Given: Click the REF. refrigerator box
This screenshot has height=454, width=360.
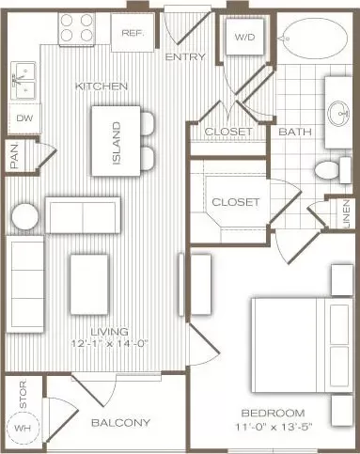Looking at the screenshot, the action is click(x=133, y=32).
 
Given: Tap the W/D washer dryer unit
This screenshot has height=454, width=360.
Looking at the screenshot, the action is click(x=244, y=37).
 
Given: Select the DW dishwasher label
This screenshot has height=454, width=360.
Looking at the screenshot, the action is click(x=24, y=118).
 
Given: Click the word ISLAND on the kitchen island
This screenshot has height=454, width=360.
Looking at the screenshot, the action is click(x=117, y=143).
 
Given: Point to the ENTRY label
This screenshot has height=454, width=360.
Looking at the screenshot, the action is click(x=185, y=57).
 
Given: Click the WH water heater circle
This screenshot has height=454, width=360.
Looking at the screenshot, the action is click(x=23, y=427).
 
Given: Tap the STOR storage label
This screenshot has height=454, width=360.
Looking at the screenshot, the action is click(x=23, y=394).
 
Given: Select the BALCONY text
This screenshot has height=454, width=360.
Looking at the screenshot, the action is click(x=120, y=423).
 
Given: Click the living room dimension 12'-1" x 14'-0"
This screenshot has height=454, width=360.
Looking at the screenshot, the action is click(x=109, y=343).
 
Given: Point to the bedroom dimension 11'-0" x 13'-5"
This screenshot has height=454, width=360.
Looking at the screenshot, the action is click(x=274, y=427).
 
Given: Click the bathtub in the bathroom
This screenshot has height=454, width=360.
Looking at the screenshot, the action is click(x=314, y=39).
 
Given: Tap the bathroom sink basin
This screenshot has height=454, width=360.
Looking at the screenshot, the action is click(x=338, y=113).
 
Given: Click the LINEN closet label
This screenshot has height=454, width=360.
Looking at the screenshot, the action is click(x=346, y=213).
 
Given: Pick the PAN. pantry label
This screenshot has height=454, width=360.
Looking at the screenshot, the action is click(x=15, y=156).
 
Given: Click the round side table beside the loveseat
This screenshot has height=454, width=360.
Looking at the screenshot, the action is click(x=25, y=216).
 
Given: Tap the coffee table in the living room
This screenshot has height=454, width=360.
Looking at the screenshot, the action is click(x=89, y=284).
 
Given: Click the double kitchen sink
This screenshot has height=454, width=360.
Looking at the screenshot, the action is click(x=23, y=80).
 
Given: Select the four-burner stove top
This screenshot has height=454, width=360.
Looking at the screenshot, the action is click(x=76, y=29).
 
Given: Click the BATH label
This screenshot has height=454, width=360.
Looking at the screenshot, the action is click(x=295, y=132).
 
